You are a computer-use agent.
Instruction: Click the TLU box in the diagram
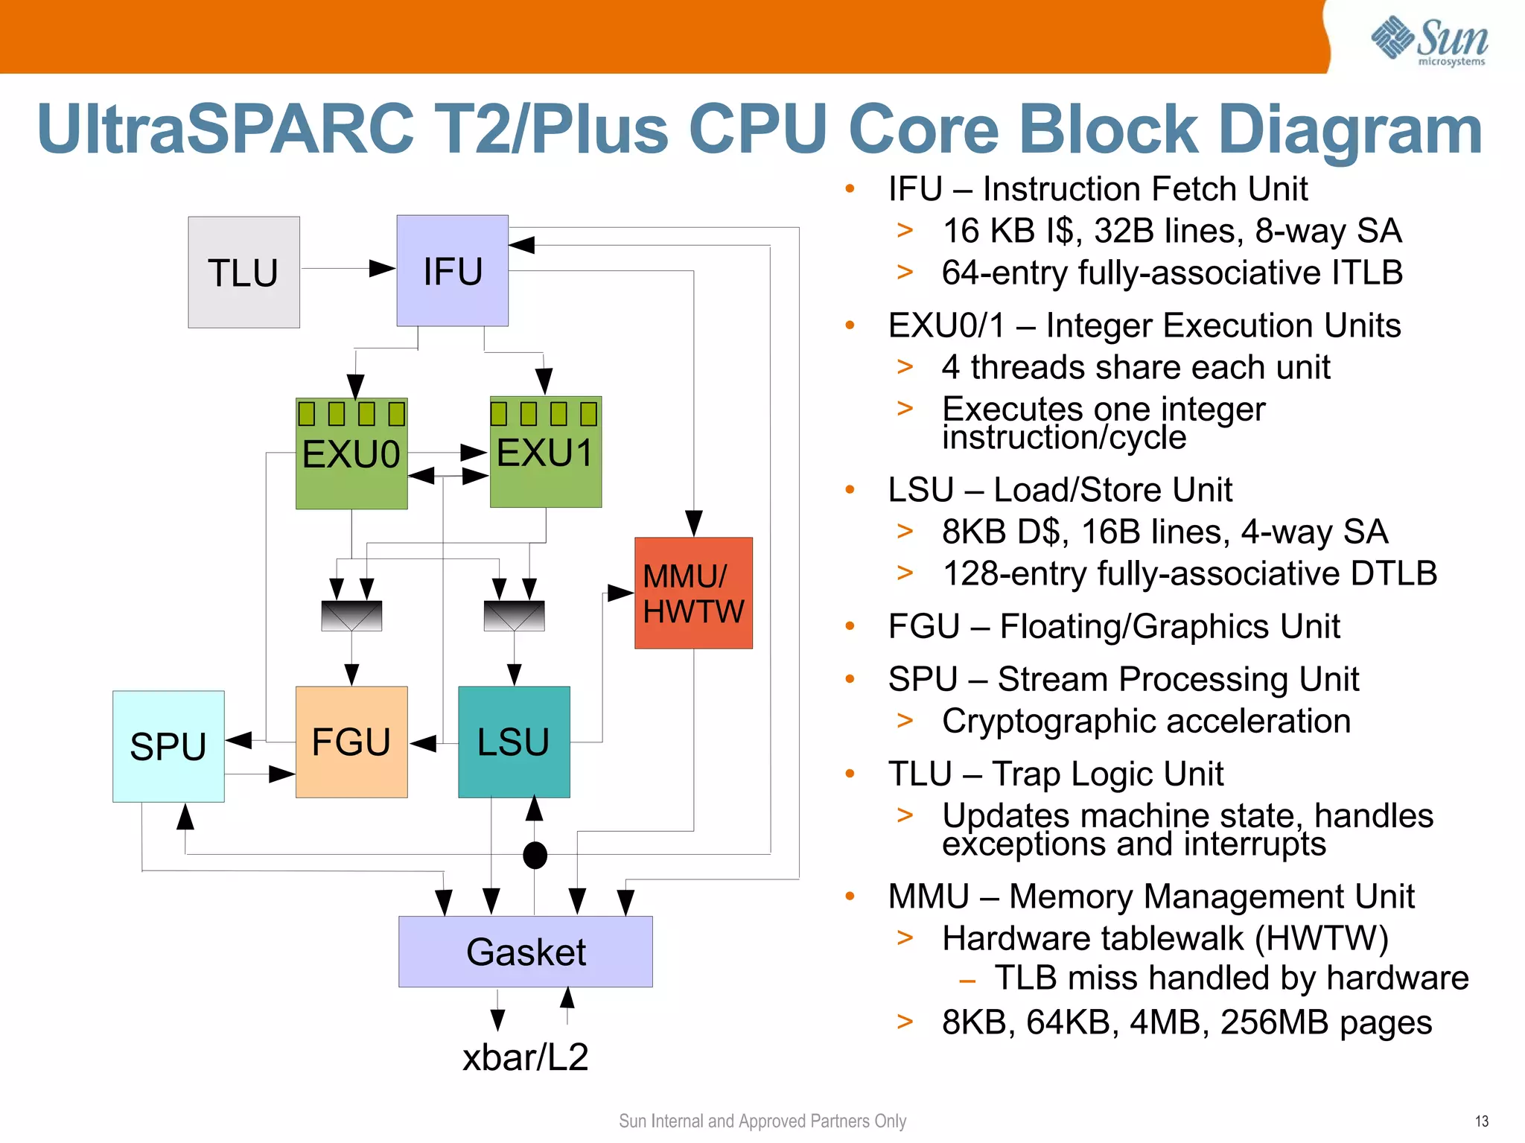pos(243,273)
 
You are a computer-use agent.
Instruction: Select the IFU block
pos(452,271)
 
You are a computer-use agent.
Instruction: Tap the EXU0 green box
pos(351,454)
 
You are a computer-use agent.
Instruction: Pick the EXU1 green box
pos(545,453)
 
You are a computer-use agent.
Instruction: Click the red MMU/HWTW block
pos(693,593)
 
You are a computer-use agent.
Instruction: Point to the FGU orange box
pos(351,742)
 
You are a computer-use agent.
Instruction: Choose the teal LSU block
pos(514,742)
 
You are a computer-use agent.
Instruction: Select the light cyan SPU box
pos(168,746)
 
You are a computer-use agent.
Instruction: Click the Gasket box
pos(526,952)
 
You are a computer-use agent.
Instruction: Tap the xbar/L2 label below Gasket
pos(526,1057)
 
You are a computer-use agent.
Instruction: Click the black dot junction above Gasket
pos(535,855)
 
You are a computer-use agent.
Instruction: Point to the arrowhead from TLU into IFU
pos(383,269)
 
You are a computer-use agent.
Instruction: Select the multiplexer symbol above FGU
pos(351,616)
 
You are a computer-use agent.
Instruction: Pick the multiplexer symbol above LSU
pos(514,616)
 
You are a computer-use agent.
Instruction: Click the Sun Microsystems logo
pos(1429,41)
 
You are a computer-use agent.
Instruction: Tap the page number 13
pos(1481,1121)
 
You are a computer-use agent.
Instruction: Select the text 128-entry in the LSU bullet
pos(995,574)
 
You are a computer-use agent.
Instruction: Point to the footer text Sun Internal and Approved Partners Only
pos(762,1121)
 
